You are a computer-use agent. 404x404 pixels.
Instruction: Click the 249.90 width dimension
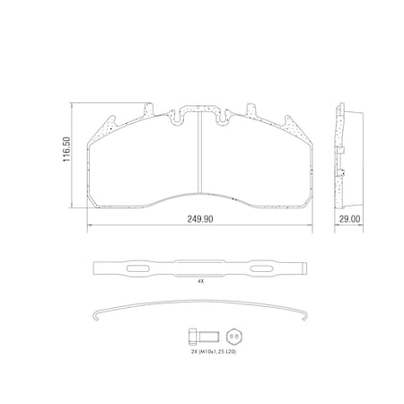[x=200, y=217]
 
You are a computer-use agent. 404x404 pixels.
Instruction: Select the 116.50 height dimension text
[x=66, y=155]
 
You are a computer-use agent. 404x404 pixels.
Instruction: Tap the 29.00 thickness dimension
[x=349, y=217]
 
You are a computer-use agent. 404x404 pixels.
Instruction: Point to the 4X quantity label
[x=200, y=281]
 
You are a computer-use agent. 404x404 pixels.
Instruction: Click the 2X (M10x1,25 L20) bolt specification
[x=214, y=353]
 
